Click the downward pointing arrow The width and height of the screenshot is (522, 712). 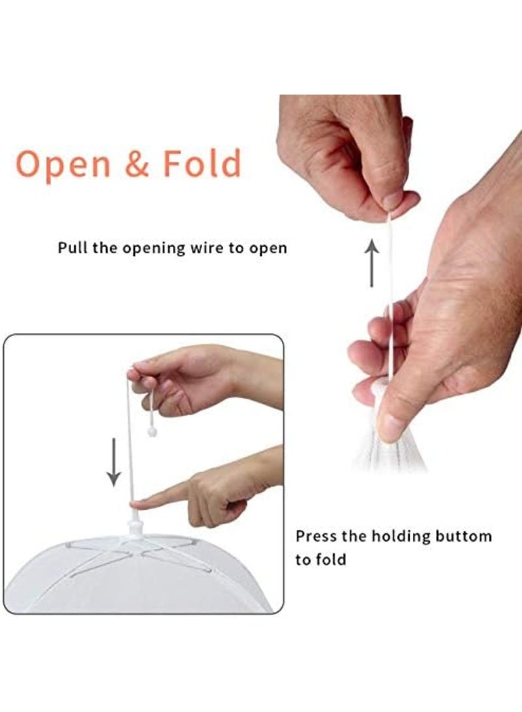point(114,461)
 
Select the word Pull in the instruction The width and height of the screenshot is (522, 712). point(72,248)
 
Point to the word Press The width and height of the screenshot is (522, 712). point(315,536)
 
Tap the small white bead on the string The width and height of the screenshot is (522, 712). point(152,431)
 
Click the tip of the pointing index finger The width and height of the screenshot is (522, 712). point(136,504)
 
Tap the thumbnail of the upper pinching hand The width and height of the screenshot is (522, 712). point(392,201)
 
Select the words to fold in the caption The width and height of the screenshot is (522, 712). point(320,559)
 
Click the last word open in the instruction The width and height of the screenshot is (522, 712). point(271,249)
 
